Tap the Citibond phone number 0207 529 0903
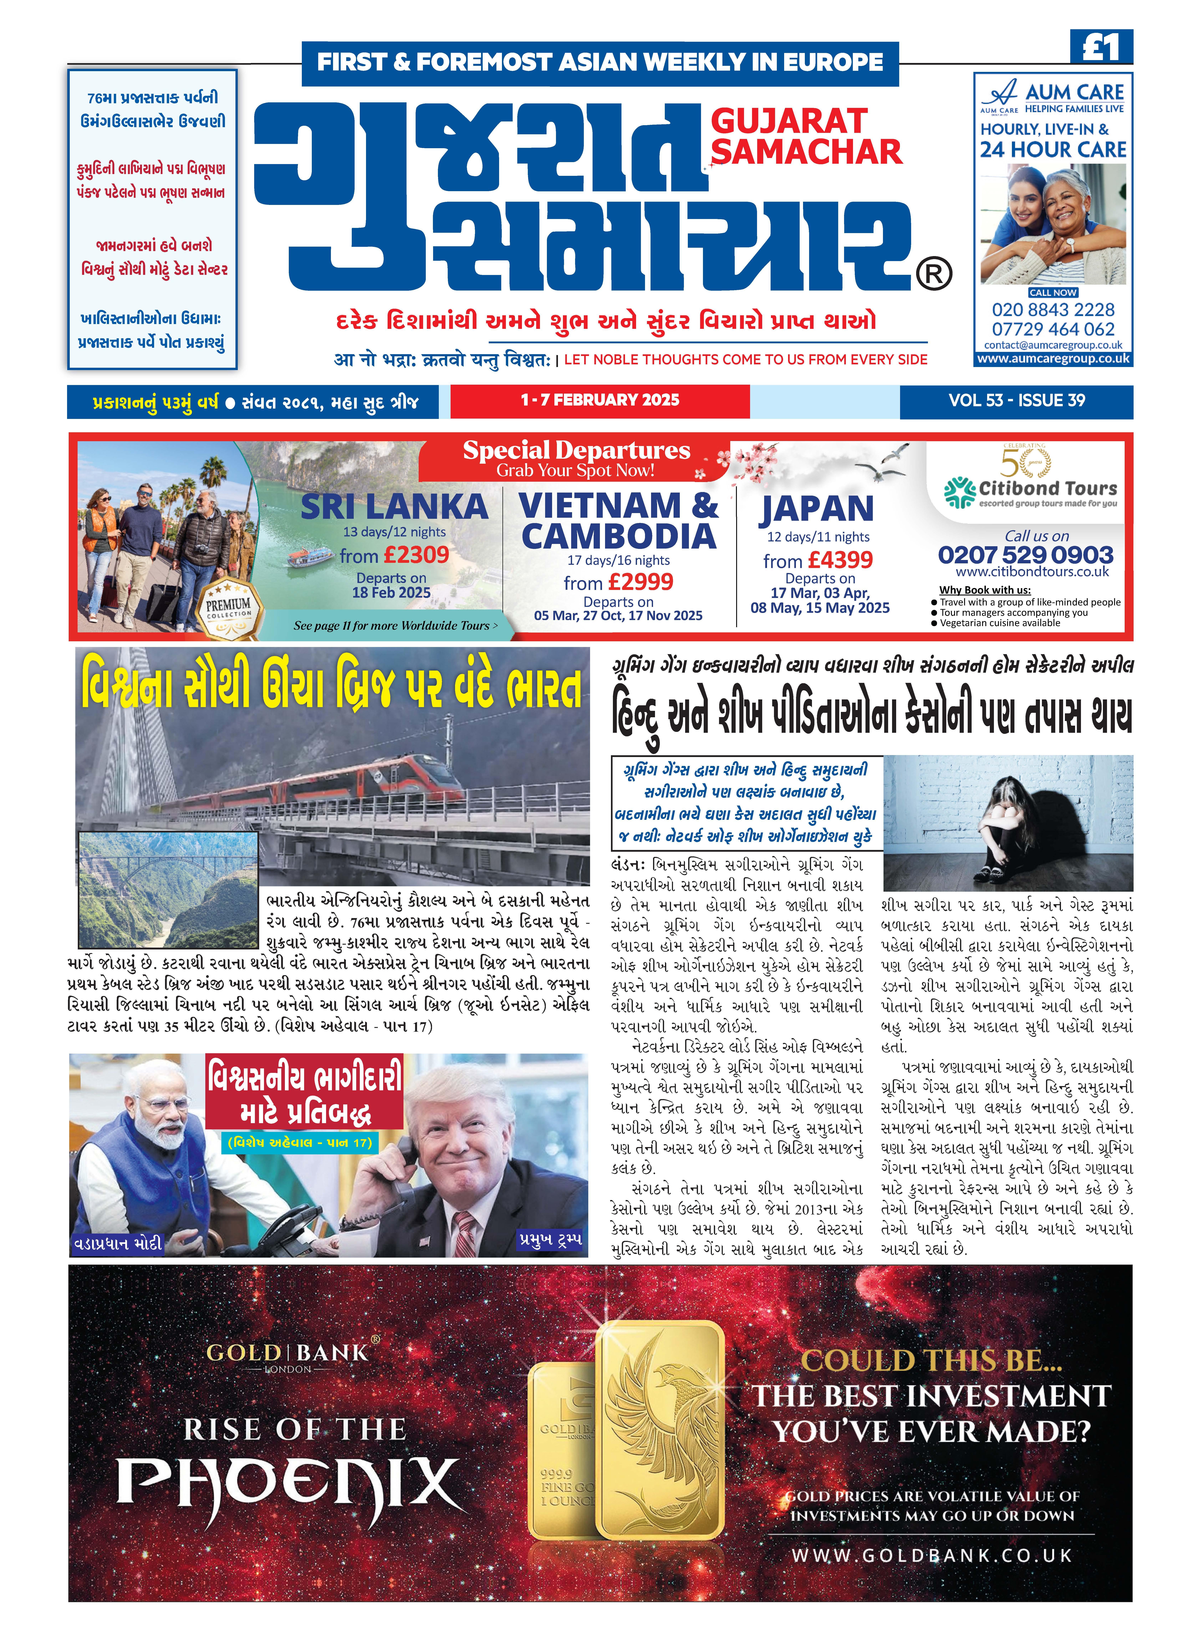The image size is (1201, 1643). pyautogui.click(x=1025, y=555)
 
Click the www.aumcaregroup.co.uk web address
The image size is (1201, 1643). pyautogui.click(x=1053, y=358)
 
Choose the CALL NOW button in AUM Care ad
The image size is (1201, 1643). pyautogui.click(x=1053, y=292)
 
